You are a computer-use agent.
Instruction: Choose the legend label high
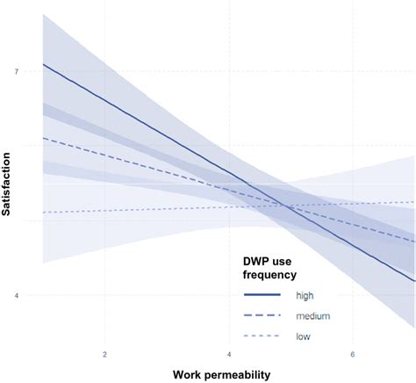[x=305, y=295]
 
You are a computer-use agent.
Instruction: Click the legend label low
[x=303, y=336]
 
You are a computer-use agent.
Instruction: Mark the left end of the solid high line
[x=43, y=64]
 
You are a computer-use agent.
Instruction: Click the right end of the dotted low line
[x=413, y=202]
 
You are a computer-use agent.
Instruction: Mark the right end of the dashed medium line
[x=413, y=240]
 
